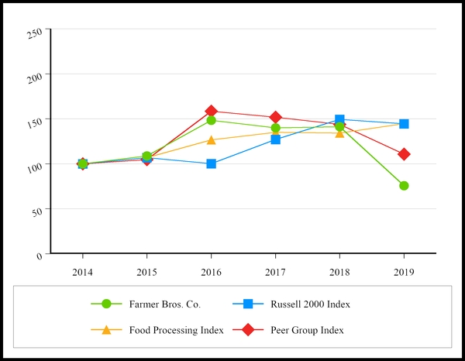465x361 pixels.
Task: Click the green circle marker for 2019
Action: pos(404,186)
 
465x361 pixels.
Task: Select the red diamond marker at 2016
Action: pos(212,112)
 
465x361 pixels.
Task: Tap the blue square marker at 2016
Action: pos(212,164)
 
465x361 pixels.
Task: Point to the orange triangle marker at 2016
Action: pos(212,140)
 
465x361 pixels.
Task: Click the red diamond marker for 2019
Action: pos(404,154)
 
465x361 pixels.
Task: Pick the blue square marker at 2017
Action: pos(276,139)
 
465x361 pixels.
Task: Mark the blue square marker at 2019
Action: pos(404,124)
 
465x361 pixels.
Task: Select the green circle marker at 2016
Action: pos(212,120)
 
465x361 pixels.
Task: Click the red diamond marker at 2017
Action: pos(276,118)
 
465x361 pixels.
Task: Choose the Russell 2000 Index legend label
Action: pos(310,304)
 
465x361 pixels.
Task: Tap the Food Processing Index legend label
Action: pos(177,329)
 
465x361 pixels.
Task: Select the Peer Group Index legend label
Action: pos(307,329)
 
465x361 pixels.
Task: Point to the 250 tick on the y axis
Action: pos(35,32)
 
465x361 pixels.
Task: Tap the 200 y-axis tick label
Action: pos(35,77)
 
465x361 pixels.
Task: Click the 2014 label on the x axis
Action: pos(83,273)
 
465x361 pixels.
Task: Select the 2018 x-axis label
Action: pos(339,273)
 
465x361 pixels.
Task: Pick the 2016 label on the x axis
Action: pos(212,273)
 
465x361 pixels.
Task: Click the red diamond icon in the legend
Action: pos(248,329)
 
